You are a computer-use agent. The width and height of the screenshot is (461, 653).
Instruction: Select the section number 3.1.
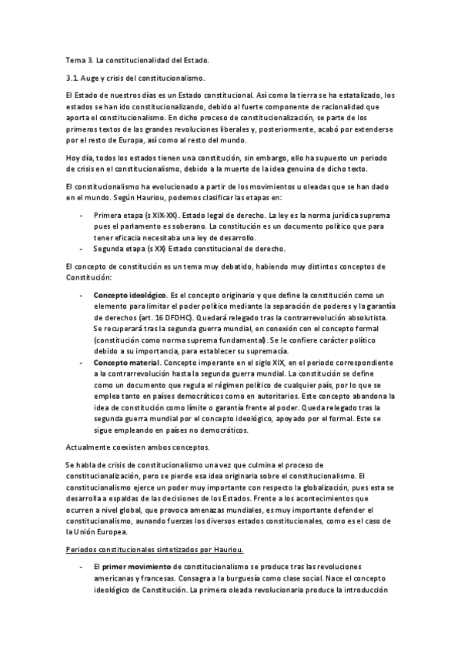(73, 78)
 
